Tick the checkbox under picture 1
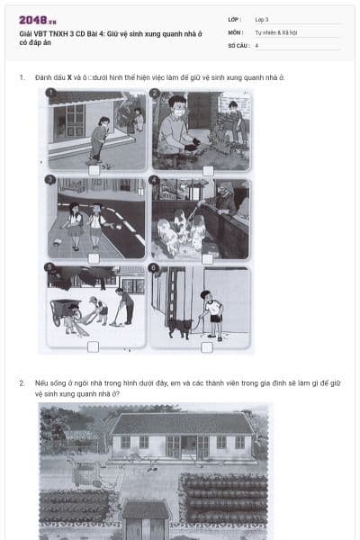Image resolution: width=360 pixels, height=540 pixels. tap(94, 169)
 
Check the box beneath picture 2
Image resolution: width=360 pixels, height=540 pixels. tap(208, 169)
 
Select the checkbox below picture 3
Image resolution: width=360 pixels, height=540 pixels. tap(94, 258)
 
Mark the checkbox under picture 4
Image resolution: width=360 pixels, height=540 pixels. tap(208, 258)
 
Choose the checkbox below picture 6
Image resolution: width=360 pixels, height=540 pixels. tap(208, 346)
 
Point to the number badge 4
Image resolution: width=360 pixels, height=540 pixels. tap(155, 180)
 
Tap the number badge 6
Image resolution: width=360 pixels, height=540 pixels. tap(155, 268)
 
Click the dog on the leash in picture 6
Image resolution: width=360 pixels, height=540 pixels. tap(176, 328)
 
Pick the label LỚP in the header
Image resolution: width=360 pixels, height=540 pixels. tap(234, 19)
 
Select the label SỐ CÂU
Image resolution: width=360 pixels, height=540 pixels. tap(237, 44)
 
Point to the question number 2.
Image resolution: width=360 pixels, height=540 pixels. tap(22, 382)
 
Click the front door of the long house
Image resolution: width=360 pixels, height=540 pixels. tap(182, 445)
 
